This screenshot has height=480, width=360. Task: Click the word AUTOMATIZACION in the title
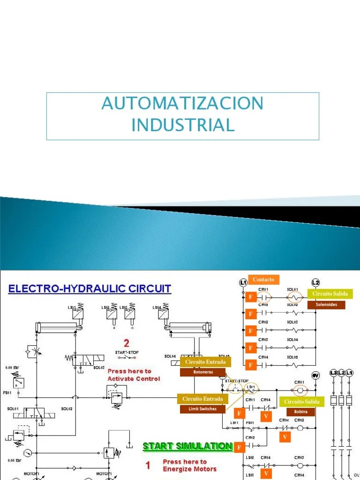(x=182, y=103)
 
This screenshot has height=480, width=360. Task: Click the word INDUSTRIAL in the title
(x=182, y=125)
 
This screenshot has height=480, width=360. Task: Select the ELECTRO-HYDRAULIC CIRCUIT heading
(x=90, y=288)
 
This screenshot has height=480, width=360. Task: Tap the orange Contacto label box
(x=263, y=280)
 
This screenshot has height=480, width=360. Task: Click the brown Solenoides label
(x=326, y=305)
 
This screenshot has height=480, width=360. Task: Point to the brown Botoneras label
(x=202, y=372)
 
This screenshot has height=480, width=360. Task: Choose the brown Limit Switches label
(x=202, y=409)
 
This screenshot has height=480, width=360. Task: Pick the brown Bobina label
(x=301, y=412)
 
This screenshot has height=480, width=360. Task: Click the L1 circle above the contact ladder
(x=243, y=282)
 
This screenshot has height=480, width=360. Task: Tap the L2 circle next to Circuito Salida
(x=315, y=282)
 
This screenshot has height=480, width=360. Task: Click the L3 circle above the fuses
(x=333, y=373)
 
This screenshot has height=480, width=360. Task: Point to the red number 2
(x=126, y=343)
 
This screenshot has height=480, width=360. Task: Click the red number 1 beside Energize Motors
(x=148, y=465)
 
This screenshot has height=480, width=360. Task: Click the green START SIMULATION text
(x=187, y=446)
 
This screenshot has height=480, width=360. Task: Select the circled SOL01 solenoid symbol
(x=293, y=297)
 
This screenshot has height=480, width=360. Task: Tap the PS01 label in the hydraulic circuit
(x=7, y=393)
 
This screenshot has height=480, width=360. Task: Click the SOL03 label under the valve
(x=98, y=367)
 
